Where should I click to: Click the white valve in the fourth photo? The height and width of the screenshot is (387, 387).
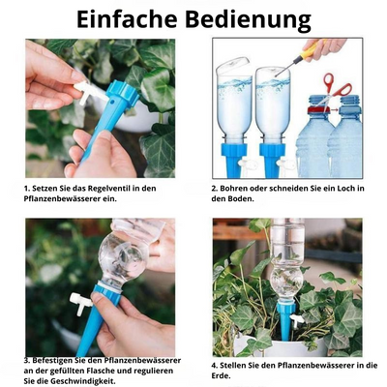tap(298, 319)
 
